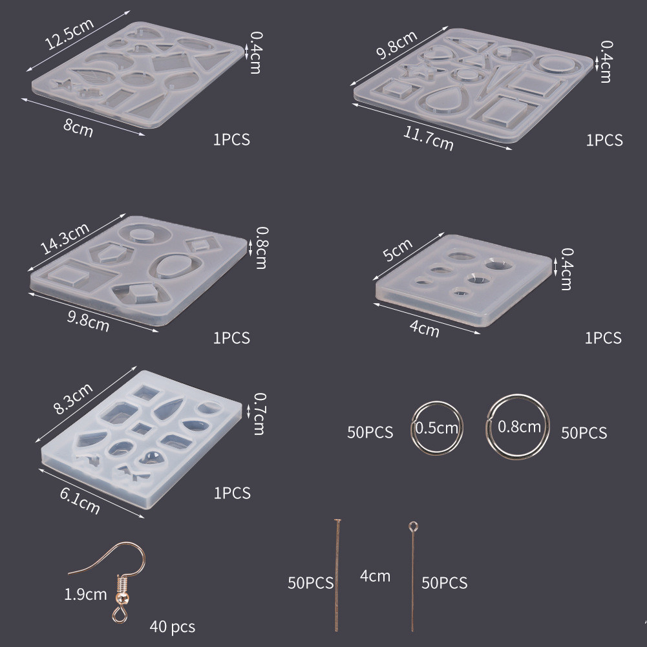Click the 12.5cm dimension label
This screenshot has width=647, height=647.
point(69,34)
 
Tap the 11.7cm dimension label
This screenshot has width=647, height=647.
point(428,138)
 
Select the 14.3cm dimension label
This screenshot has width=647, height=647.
point(65,239)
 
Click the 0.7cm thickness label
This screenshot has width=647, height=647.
point(259,414)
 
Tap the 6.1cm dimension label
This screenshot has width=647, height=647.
point(80,501)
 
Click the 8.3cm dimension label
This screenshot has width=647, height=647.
point(73,399)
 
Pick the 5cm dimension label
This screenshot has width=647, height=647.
point(398,249)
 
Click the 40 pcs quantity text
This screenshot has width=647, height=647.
point(172,626)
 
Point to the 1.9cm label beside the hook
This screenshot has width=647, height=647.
point(85,594)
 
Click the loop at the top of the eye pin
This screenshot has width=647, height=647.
point(413,527)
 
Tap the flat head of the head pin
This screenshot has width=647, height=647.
point(337,520)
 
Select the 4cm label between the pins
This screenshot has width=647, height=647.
point(375,576)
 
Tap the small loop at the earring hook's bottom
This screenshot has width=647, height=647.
point(120,615)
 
